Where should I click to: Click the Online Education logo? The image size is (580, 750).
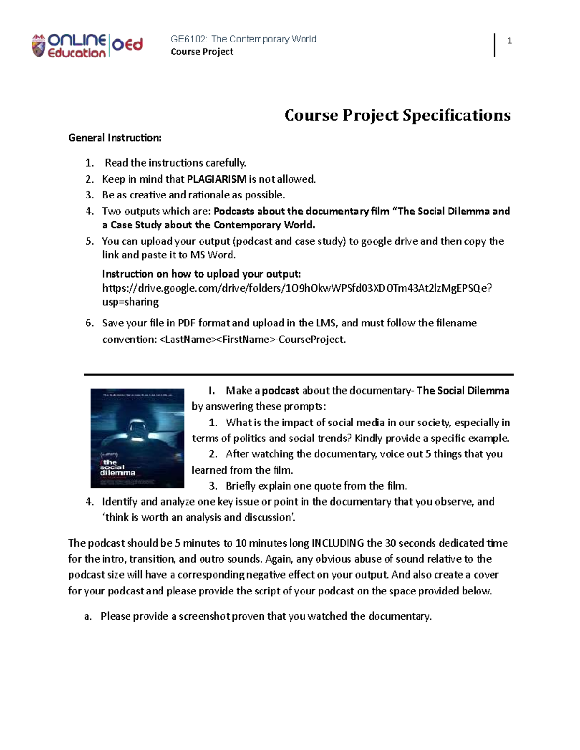tap(87, 46)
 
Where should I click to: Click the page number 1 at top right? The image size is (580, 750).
tap(509, 41)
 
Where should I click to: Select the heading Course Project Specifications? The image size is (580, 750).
tap(397, 115)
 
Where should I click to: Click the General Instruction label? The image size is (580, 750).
tap(115, 138)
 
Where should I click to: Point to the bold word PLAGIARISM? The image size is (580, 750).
tap(217, 179)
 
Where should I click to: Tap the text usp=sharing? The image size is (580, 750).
tap(130, 302)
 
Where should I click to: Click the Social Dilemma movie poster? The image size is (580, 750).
tap(137, 438)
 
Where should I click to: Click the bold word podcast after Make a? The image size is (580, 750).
tap(280, 391)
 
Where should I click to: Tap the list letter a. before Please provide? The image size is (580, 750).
tap(87, 616)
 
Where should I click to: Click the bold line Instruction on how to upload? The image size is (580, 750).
tap(201, 274)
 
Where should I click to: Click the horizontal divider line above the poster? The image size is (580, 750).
tap(298, 374)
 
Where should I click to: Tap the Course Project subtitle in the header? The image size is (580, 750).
tap(202, 52)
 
